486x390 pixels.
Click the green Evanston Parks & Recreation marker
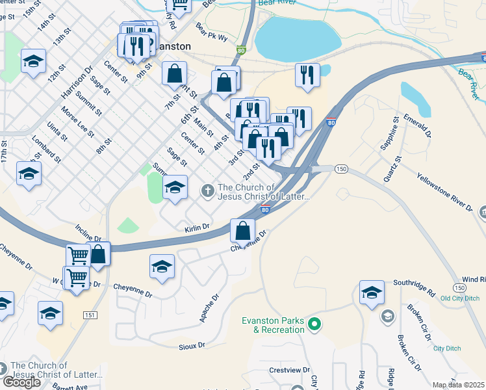click(314, 323)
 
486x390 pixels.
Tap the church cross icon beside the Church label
click(207, 190)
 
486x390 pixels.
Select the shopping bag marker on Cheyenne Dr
click(242, 231)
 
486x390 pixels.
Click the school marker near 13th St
click(34, 62)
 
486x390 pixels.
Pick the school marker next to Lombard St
click(29, 174)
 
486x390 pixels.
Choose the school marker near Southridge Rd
click(372, 292)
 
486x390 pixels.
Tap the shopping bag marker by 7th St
click(175, 74)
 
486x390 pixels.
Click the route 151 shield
click(90, 315)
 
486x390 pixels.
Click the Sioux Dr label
click(192, 345)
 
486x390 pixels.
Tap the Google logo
click(22, 382)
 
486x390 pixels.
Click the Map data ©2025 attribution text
click(458, 385)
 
